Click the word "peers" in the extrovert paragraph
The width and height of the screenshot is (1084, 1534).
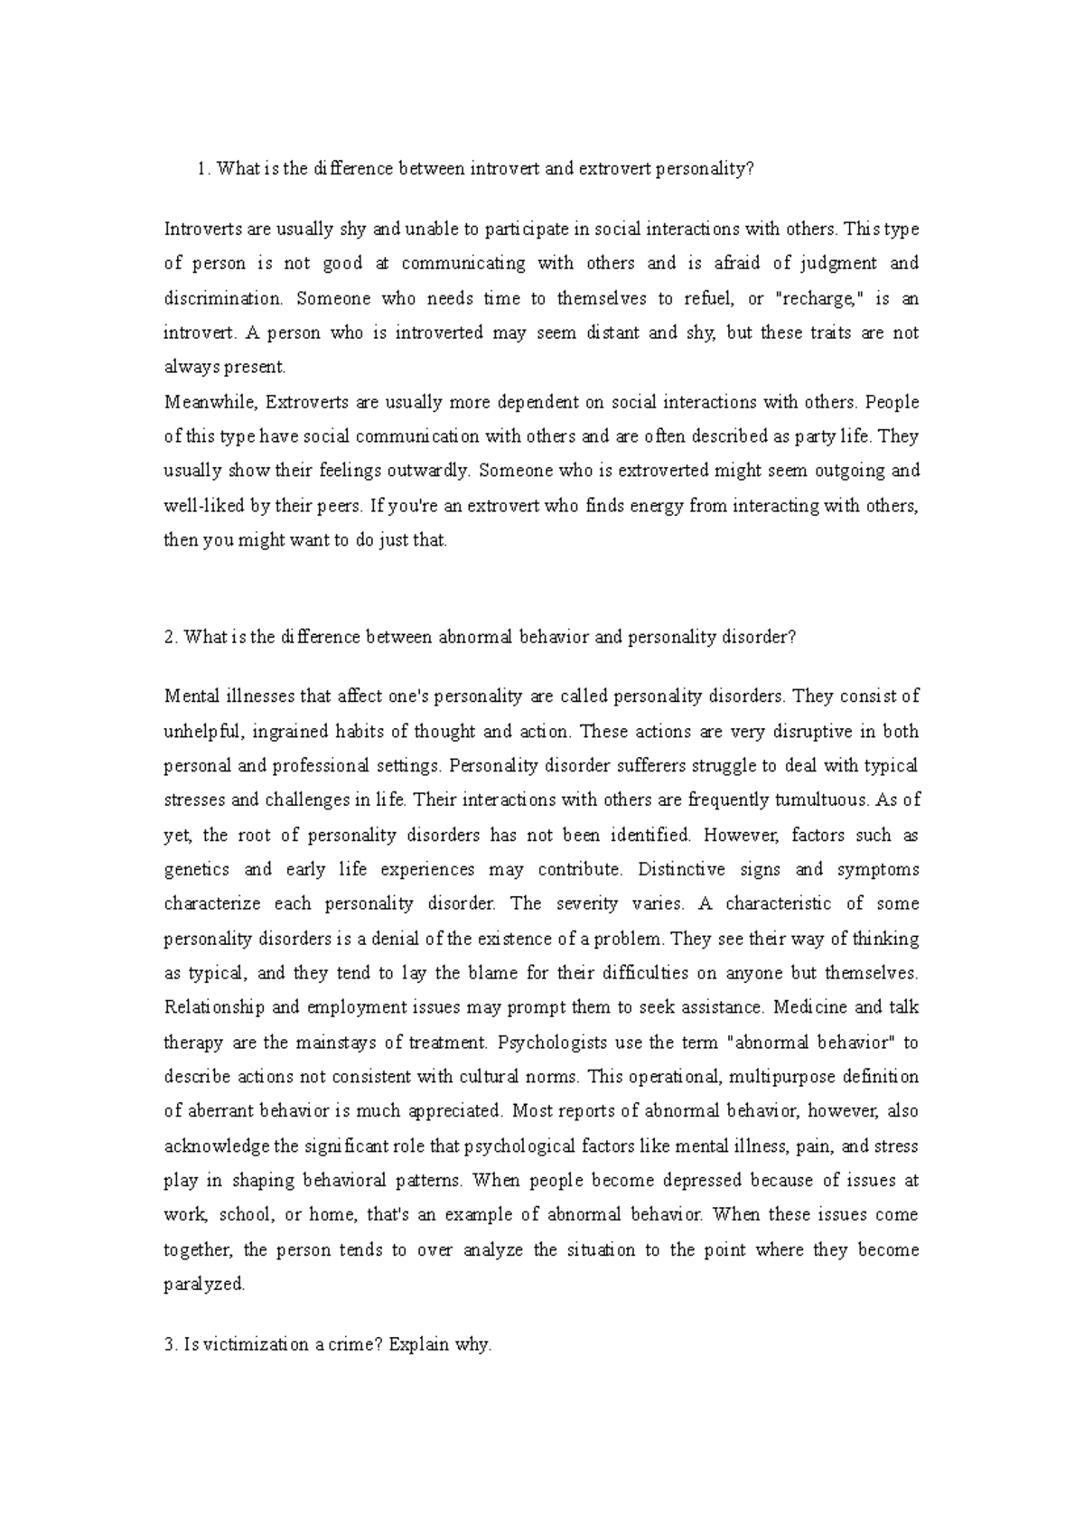click(343, 506)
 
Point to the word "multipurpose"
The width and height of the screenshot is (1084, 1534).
click(781, 1077)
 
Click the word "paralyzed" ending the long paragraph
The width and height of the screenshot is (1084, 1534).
click(204, 1284)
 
